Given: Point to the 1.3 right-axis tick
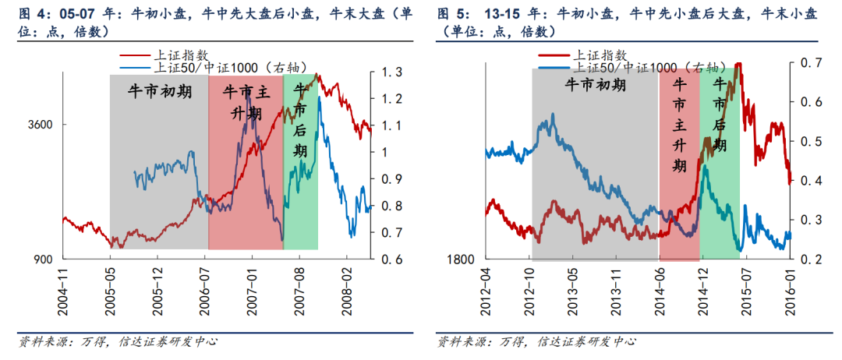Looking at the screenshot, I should pos(391,72).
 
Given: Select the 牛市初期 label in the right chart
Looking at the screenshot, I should pos(595,85).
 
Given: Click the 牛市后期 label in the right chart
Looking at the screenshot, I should pos(720,115).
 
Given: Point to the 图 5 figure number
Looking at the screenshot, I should pos(451,14).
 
